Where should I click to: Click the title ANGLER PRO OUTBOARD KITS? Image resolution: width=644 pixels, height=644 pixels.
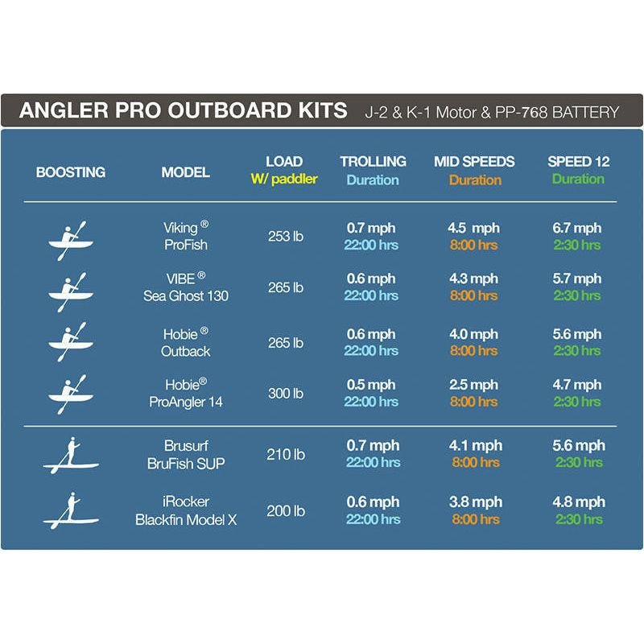point(183,110)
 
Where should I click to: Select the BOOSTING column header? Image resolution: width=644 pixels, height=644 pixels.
point(71,172)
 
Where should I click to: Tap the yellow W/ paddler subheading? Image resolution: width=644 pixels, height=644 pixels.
point(284,180)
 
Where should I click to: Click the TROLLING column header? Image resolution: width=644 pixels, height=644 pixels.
point(373,162)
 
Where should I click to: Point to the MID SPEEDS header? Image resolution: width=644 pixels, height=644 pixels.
point(475,162)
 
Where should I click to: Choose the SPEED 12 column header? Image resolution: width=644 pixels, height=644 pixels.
point(578,162)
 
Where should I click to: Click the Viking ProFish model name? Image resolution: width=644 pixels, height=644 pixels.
point(186,237)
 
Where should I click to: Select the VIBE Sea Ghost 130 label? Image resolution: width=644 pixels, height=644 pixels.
point(186,287)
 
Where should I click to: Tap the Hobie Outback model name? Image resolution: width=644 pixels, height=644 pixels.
point(186,342)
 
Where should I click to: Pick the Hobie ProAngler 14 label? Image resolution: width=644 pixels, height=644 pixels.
point(186,393)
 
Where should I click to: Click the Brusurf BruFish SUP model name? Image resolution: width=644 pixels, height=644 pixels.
point(186,453)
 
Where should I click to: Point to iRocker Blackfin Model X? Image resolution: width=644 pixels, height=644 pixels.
point(186,511)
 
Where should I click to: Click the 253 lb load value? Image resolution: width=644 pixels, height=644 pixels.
point(285,237)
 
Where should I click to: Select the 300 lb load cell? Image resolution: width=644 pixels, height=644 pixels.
point(285,393)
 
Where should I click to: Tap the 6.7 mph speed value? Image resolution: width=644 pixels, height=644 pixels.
point(577,229)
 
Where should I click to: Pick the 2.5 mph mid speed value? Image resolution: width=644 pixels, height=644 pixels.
point(473,385)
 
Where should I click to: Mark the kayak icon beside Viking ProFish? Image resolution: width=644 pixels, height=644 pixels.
point(71,239)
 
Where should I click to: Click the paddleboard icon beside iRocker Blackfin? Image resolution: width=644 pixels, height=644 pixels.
point(71,512)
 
